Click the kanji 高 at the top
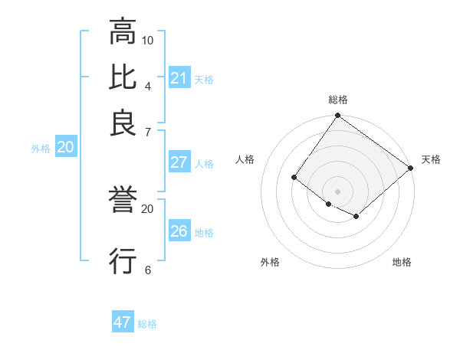pyautogui.click(x=123, y=32)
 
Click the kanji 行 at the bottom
pyautogui.click(x=123, y=260)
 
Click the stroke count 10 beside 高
pyautogui.click(x=148, y=40)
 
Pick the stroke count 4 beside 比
pyautogui.click(x=148, y=86)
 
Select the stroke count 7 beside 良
pyautogui.click(x=148, y=132)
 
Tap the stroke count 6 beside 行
pyautogui.click(x=148, y=270)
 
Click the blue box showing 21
pyautogui.click(x=179, y=78)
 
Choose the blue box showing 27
pyautogui.click(x=179, y=162)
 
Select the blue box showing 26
pyautogui.click(x=179, y=231)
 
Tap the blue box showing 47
pyautogui.click(x=123, y=322)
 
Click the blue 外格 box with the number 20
pyautogui.click(x=65, y=148)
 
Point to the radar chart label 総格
pyautogui.click(x=338, y=100)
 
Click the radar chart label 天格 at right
pyautogui.click(x=431, y=159)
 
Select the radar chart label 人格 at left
pyautogui.click(x=245, y=159)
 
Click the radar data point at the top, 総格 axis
pyautogui.click(x=338, y=116)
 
